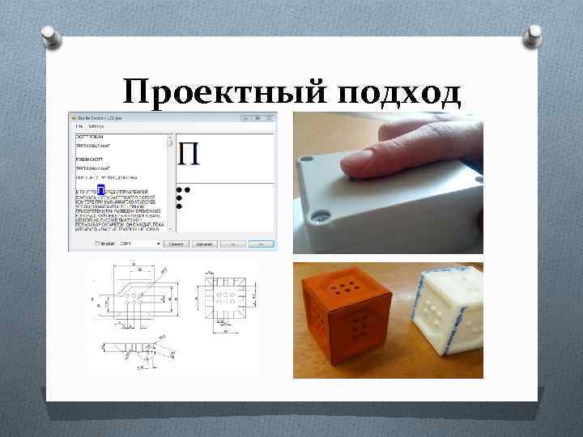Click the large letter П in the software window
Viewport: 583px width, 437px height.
[x=188, y=153]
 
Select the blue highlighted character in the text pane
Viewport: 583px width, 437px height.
[x=101, y=190]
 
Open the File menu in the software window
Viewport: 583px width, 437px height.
[x=79, y=126]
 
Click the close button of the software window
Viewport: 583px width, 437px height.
[x=270, y=118]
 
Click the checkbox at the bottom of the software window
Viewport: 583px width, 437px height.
[x=97, y=243]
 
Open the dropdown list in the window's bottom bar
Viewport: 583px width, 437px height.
[x=139, y=243]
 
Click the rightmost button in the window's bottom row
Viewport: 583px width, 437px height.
[x=261, y=243]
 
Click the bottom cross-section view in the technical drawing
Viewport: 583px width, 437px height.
[x=134, y=348]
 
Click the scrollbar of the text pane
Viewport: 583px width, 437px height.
[x=170, y=186]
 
